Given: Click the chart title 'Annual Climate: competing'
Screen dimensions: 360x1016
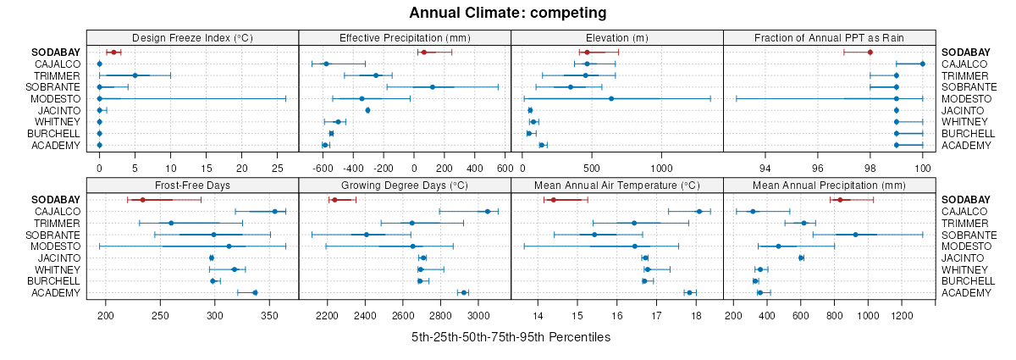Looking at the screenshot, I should pos(508,13).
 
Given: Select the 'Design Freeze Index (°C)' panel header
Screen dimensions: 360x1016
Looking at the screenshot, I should pos(193,37).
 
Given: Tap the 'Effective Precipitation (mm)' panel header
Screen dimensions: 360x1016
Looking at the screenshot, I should pos(405,37).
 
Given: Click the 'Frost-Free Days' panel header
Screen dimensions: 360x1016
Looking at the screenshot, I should pos(193,185).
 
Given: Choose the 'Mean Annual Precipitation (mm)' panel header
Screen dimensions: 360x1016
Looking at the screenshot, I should pos(829,185).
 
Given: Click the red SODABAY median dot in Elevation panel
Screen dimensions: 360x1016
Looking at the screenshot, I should pos(587,53).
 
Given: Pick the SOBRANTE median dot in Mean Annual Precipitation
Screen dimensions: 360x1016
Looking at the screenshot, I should pos(855,235).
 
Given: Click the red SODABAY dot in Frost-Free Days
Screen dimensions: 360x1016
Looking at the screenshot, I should pos(142,200).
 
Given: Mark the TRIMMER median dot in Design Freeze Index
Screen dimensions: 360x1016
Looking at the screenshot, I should pos(135,75).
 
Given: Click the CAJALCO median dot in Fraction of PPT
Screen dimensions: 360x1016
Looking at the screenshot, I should pos(923,64).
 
